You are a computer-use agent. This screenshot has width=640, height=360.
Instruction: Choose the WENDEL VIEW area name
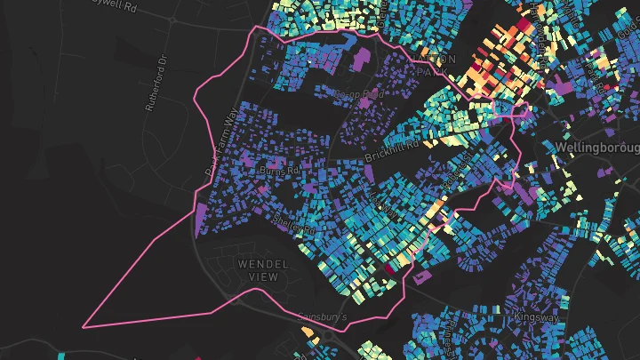coord(259,270)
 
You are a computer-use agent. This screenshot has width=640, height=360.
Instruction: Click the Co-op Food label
coord(357,93)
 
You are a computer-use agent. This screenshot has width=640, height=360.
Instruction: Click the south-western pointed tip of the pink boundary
coord(84,327)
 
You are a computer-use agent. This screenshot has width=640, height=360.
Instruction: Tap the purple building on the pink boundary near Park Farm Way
coord(201,216)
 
